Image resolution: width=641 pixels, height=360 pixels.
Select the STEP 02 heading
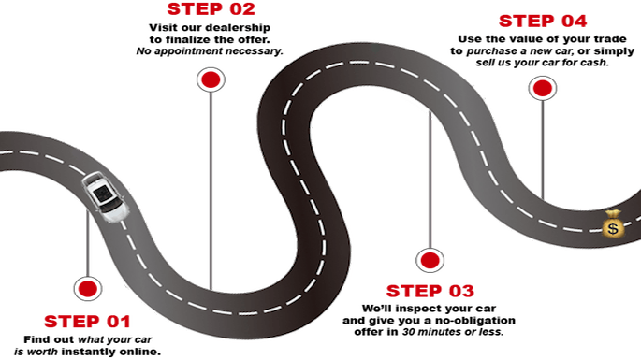pos(211,10)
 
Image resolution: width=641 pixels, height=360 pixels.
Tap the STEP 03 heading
pos(430,289)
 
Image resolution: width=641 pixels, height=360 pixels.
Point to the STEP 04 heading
pos(543,22)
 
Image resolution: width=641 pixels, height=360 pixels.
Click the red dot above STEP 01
pos(87,289)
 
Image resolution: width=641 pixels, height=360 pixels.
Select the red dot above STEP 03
pos(430,260)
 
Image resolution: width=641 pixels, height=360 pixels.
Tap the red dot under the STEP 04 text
pos(542,88)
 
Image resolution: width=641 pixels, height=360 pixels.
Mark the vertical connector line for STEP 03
pos(430,187)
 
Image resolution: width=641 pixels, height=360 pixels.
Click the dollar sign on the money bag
pos(613,227)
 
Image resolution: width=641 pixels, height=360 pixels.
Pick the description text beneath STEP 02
pos(211,40)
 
